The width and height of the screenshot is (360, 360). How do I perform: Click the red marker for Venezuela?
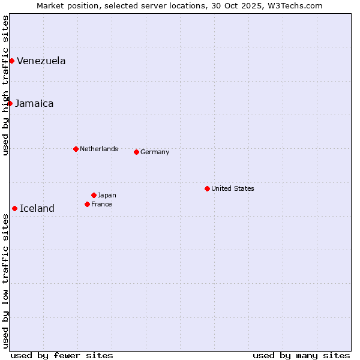click(x=11, y=61)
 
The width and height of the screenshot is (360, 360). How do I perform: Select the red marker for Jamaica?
click(x=10, y=103)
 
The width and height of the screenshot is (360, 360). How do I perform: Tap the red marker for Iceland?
click(x=14, y=208)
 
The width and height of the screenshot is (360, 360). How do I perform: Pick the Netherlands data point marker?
click(x=76, y=149)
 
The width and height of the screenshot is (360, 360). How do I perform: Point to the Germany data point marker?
click(x=136, y=152)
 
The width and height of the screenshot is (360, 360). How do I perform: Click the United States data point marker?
click(x=207, y=188)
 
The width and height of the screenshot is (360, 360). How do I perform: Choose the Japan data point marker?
click(x=94, y=195)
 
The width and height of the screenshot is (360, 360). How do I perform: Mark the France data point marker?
click(x=87, y=204)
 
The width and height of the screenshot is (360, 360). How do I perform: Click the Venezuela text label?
click(x=41, y=61)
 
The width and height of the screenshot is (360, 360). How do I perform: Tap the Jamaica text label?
click(x=34, y=103)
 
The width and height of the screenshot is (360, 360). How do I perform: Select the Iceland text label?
click(x=37, y=208)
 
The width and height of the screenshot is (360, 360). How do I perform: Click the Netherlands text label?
click(x=99, y=149)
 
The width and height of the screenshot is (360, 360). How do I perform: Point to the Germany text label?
click(x=155, y=152)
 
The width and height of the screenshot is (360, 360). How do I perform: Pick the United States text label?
click(x=233, y=188)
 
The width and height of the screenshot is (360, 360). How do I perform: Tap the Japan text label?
click(x=107, y=195)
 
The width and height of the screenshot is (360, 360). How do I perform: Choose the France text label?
click(x=101, y=204)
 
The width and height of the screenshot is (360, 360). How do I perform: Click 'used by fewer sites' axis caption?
click(x=62, y=355)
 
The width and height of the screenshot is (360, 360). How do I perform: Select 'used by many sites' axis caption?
click(x=301, y=355)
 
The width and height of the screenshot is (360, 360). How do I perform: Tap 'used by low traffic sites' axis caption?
click(x=5, y=281)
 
